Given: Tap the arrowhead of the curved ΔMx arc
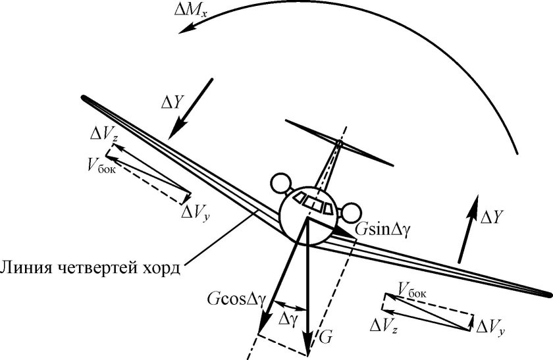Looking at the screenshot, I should point(188,28).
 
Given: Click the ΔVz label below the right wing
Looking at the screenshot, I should point(384,325).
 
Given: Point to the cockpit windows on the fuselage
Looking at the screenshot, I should point(313,202).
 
